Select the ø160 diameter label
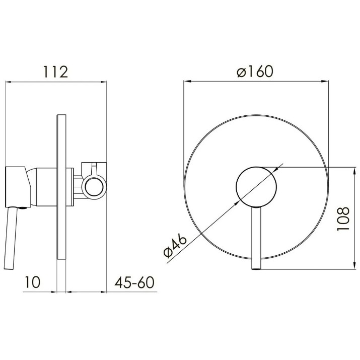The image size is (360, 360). coord(255,71)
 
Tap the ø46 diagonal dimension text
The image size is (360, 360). coord(175,246)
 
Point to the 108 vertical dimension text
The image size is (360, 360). coord(343,219)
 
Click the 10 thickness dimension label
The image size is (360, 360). coord(32,282)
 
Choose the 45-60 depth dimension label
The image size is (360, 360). coord(134,282)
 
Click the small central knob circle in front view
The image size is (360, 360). coord(256,187)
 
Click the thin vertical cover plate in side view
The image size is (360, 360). coord(61,187)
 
